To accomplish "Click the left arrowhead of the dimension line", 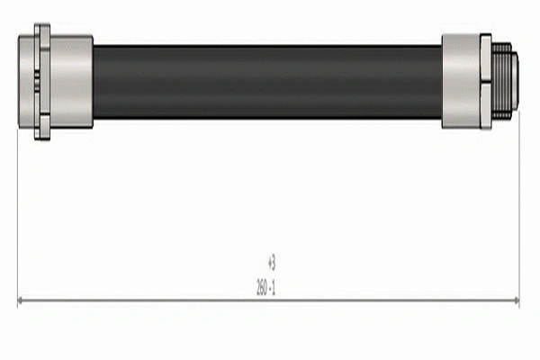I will click(22, 301).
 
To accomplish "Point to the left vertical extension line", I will click(18, 216).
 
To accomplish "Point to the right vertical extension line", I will click(519, 216).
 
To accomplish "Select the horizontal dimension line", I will click(270, 301).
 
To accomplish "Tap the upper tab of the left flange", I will click(41, 31).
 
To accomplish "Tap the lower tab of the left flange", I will click(41, 133).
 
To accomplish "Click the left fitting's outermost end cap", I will click(25, 82).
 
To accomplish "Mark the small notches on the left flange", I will click(37, 82).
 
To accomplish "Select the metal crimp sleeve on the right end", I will click(460, 82).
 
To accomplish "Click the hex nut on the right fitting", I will click(485, 82).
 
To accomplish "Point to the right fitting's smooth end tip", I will click(516, 82).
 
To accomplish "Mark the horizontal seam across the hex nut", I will click(485, 82).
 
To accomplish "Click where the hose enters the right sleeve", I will click(442, 82).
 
